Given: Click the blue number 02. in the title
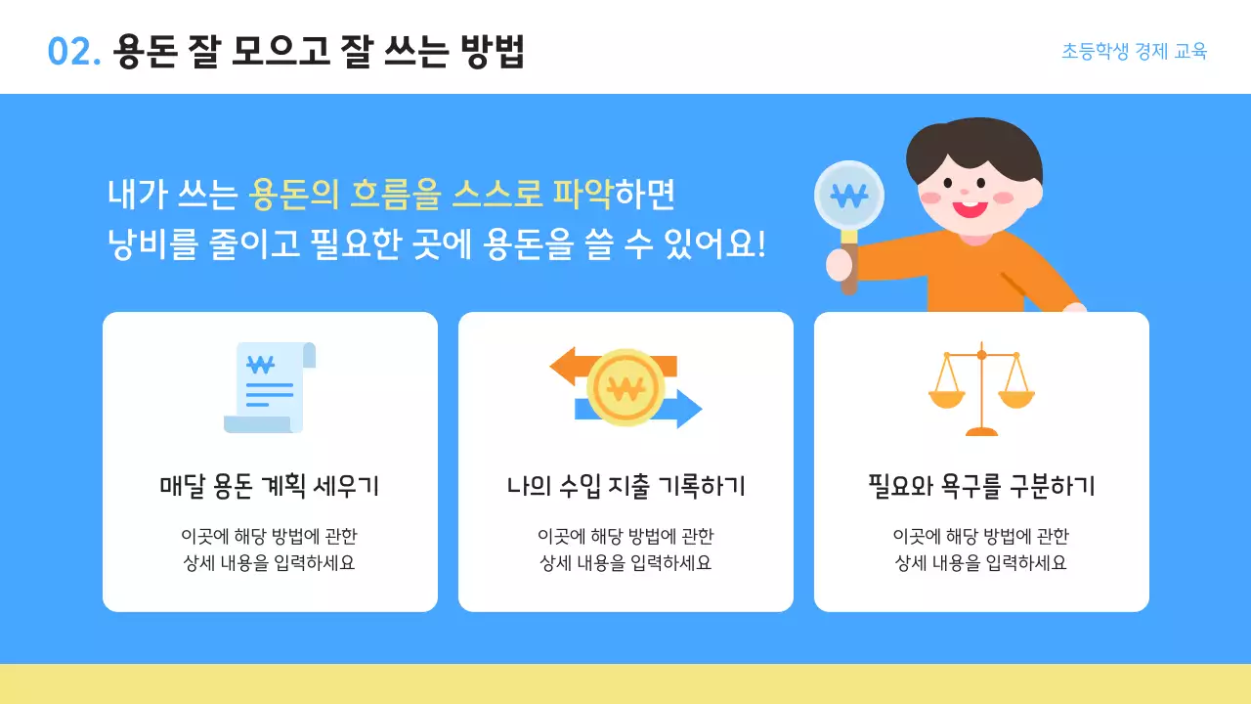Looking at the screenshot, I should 74,52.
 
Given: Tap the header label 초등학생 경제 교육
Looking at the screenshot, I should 1134,52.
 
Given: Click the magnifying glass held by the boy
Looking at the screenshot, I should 848,196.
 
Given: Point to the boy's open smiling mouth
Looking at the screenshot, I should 970,206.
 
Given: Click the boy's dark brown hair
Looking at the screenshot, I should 968,147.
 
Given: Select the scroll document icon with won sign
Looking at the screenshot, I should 269,387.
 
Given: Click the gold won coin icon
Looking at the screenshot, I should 625,388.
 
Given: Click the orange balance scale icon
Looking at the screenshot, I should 981,388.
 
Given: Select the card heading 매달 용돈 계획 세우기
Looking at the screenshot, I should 269,486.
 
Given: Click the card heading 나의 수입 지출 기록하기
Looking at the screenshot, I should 625,486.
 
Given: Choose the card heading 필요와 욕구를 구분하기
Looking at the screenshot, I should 981,486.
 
